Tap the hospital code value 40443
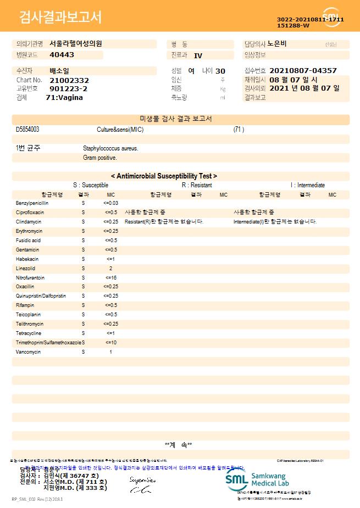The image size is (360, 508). (x=62, y=55)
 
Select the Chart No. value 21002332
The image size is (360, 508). (x=69, y=80)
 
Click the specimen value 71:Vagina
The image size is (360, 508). (x=64, y=97)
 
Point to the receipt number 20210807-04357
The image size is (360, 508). (x=303, y=71)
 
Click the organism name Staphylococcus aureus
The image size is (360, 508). (x=110, y=148)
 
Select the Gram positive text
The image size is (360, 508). (x=99, y=158)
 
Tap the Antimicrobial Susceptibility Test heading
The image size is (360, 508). (x=164, y=176)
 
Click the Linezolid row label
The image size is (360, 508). (x=25, y=269)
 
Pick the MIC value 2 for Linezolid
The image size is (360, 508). (x=110, y=269)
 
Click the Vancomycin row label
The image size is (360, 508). (x=29, y=351)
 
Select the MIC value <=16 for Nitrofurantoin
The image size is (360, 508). (x=110, y=278)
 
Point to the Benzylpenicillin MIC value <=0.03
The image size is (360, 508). (x=110, y=203)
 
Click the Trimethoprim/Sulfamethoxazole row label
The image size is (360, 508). (x=48, y=343)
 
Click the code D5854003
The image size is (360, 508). (x=27, y=130)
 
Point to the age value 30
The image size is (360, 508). (x=220, y=71)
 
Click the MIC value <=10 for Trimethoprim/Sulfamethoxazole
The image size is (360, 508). (x=110, y=343)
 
